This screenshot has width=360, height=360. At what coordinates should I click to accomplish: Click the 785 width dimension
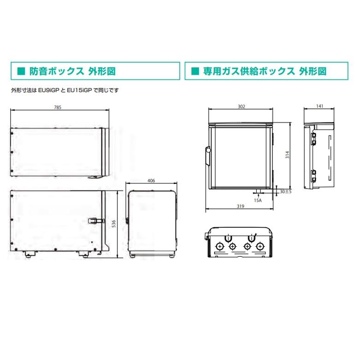(57, 107)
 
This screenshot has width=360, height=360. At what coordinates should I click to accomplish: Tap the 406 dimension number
(151, 181)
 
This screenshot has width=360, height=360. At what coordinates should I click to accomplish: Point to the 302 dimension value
(241, 106)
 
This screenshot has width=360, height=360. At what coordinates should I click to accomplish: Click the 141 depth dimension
(319, 106)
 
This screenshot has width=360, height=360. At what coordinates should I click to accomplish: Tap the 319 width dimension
(240, 206)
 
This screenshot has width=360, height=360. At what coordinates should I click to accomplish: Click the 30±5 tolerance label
(285, 190)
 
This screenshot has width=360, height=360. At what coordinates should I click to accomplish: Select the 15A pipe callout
(258, 201)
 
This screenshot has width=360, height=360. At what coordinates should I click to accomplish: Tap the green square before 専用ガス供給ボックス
(195, 71)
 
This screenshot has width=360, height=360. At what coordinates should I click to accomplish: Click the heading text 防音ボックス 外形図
(72, 71)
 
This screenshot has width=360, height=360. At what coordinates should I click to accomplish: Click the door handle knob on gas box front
(208, 150)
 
